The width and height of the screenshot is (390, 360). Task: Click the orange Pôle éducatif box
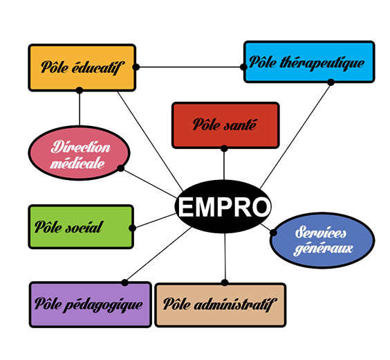tap(82, 68)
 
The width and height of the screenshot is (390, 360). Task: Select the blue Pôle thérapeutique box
tap(309, 62)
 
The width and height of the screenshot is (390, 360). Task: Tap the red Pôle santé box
tap(225, 125)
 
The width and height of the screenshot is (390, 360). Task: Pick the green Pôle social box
tap(81, 227)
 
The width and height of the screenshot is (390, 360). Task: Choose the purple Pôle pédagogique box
tap(91, 305)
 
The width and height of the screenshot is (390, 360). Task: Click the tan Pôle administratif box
tap(221, 305)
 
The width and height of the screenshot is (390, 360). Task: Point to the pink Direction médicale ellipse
tap(79, 152)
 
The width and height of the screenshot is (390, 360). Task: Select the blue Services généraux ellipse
tap(322, 240)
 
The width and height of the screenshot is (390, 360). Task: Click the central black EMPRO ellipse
tap(223, 206)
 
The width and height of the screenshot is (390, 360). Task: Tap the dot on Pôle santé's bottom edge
tap(224, 148)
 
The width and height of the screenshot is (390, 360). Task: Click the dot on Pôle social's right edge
tap(132, 228)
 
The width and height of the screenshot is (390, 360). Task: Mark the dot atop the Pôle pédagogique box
tap(125, 282)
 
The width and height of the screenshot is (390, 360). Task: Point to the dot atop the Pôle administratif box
tap(225, 282)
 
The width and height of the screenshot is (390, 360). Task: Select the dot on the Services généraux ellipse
tap(273, 233)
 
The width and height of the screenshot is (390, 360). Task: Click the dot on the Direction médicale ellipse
tap(120, 168)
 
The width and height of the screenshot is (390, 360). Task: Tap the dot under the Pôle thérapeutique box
tap(331, 82)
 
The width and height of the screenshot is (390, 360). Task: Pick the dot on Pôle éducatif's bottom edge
tap(80, 91)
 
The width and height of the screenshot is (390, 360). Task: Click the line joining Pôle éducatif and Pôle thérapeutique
tap(189, 67)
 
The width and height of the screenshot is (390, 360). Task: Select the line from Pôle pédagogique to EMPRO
tap(158, 255)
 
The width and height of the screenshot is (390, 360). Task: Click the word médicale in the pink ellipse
tap(77, 163)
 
